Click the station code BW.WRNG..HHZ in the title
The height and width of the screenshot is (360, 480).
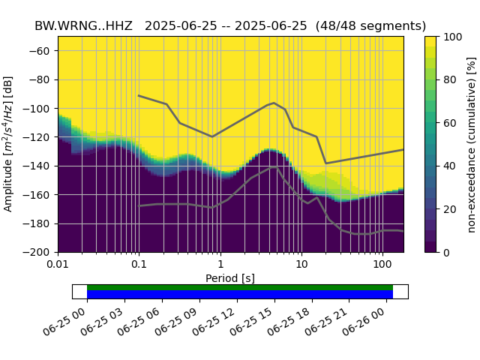tap(83, 25)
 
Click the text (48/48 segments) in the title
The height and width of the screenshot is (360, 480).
tap(370, 25)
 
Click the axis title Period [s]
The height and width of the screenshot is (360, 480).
tap(230, 278)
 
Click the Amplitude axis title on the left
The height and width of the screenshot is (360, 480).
tap(9, 144)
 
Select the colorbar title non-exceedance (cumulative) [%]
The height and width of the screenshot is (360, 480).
tap(472, 144)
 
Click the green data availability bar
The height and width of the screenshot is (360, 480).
tap(240, 287)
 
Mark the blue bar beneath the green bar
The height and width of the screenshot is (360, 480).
tap(240, 295)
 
